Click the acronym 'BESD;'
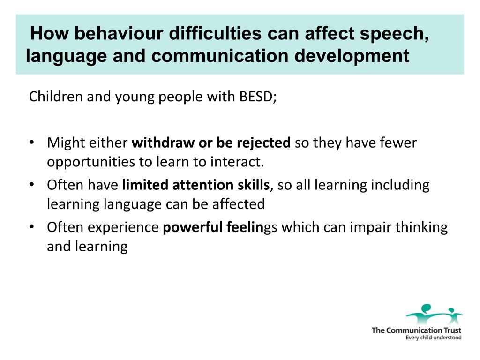[258, 97]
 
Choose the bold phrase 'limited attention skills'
[196, 185]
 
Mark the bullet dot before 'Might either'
[31, 142]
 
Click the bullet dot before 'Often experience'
[31, 227]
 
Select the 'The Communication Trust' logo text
[416, 330]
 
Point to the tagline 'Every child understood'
[433, 337]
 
